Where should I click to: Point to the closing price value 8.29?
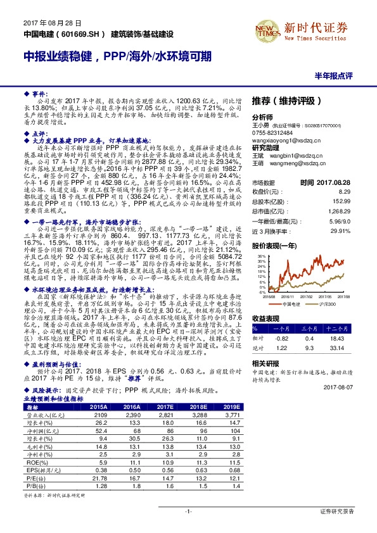pos(345,191)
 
